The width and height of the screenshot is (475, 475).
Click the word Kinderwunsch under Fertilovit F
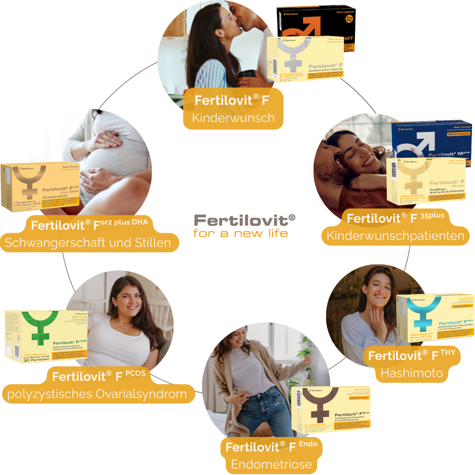233,118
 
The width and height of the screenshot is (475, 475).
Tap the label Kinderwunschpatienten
395,236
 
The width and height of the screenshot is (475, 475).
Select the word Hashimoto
411,373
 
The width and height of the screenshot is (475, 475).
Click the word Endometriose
271,464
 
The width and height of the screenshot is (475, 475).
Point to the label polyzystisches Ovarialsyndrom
97,394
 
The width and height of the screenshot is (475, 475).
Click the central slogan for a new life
240,233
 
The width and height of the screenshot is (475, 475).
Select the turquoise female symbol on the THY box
424,314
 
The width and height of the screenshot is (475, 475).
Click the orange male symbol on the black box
304,28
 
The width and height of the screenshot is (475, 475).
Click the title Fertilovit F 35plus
395,218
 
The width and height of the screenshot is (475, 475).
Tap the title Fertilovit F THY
414,356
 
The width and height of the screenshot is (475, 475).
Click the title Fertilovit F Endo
271,447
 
